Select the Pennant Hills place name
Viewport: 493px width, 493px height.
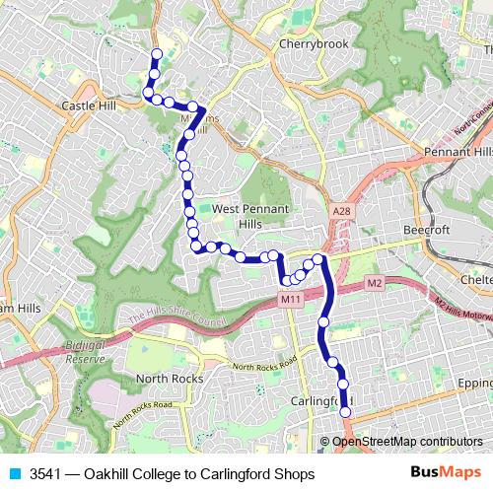[458, 153]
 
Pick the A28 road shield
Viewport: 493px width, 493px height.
[341, 212]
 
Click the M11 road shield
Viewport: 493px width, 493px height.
[290, 299]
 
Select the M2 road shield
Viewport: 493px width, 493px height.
[374, 283]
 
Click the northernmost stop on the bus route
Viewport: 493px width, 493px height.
[156, 53]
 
